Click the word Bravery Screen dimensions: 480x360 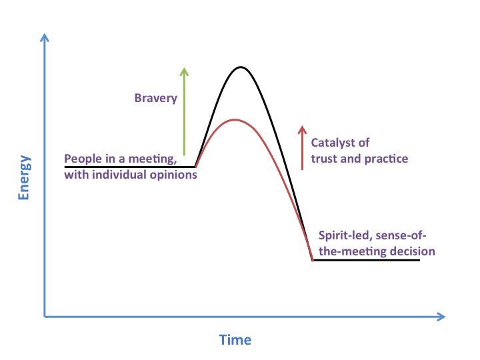tap(156, 99)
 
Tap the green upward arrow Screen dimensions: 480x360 tap(184, 111)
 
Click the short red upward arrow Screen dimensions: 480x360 tap(302, 147)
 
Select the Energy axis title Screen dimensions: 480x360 tap(24, 177)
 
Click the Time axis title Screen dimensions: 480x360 tap(235, 340)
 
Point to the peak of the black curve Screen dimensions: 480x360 tap(241, 67)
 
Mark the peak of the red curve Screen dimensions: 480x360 tap(235, 119)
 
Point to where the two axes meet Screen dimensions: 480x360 tap(45, 317)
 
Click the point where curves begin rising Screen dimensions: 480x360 tap(195, 167)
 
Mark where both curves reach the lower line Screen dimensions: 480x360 tap(313, 260)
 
